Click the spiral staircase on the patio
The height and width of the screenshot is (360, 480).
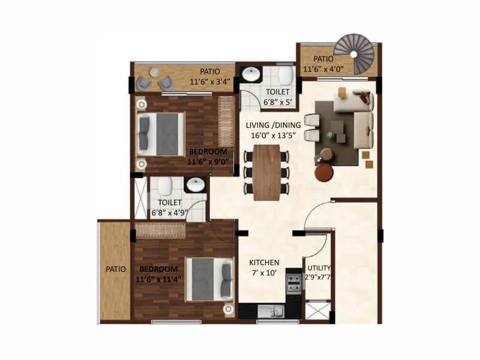354,54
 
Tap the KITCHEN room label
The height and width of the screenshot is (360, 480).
265,262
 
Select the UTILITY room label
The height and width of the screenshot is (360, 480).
319,268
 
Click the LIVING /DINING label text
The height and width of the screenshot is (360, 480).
274,125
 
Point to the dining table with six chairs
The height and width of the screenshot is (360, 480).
266,172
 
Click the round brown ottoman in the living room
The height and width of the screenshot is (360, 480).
324,173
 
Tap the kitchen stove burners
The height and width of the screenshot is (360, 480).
293,283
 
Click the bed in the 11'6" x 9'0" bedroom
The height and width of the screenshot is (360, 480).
160,134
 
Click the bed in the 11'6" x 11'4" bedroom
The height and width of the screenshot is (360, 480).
209,280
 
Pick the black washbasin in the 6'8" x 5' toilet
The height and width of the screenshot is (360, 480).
250,74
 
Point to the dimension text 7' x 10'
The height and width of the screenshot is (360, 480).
265,274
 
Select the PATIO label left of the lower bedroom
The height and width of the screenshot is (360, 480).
116,269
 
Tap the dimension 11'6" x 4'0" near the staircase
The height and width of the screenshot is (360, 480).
325,70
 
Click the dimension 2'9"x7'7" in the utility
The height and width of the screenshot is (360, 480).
319,277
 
